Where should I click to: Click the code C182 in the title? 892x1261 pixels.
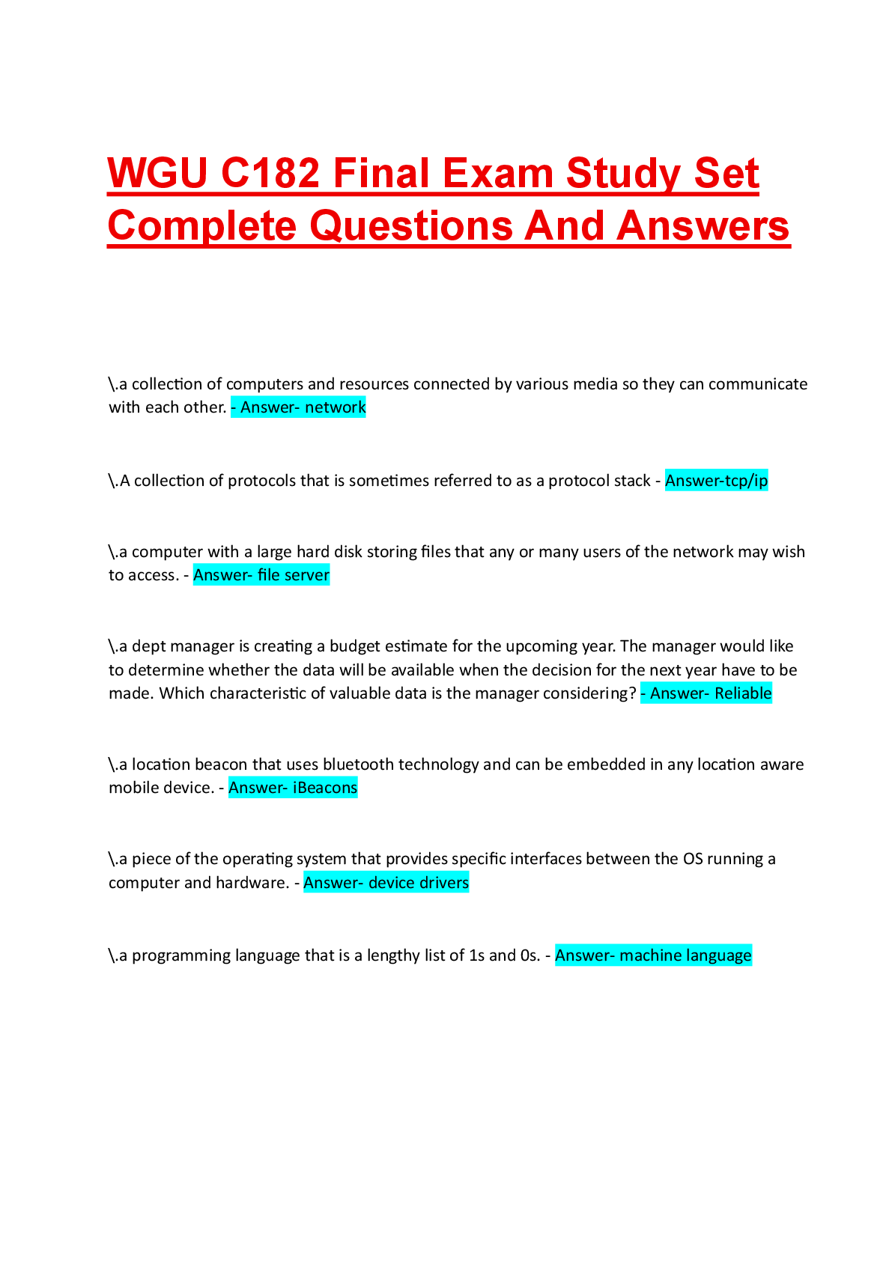[270, 173]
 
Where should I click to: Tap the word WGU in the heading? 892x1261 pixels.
[157, 173]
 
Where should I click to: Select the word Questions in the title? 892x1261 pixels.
[411, 226]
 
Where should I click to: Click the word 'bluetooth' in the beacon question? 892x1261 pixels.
[358, 765]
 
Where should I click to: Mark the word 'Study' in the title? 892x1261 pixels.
[623, 174]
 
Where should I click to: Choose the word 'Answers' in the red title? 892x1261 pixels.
[703, 226]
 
